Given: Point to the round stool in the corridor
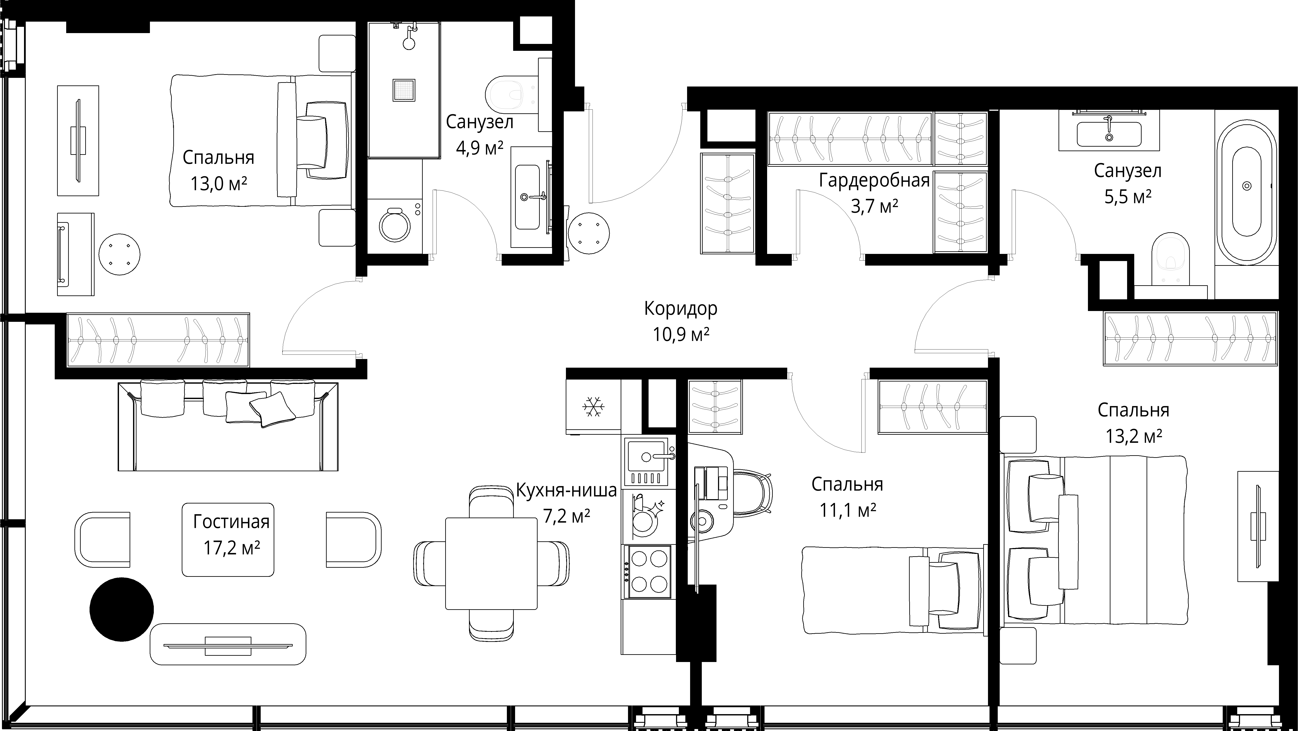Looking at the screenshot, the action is tap(588, 233).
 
